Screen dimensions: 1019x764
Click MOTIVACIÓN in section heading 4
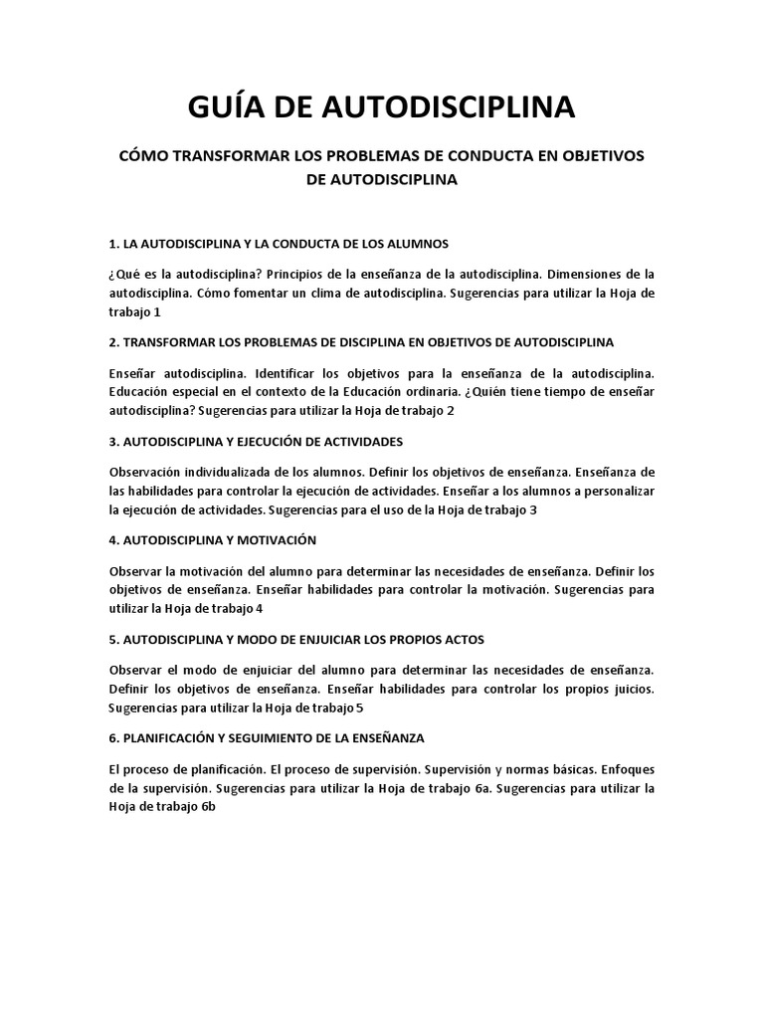coord(271,539)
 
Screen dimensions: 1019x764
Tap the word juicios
coord(632,689)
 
